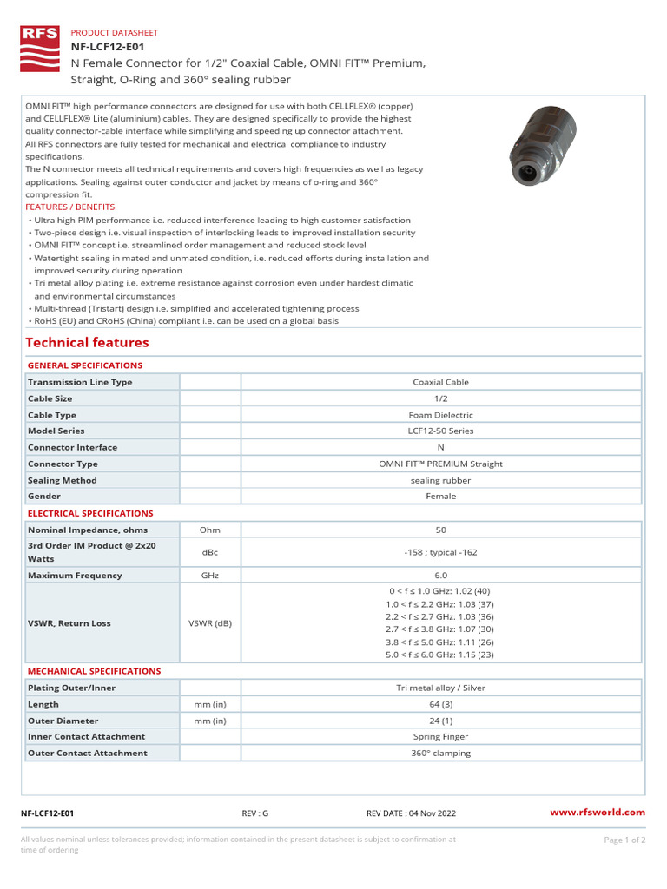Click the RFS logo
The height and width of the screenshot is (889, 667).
point(40,49)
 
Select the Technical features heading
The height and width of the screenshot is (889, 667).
point(88,343)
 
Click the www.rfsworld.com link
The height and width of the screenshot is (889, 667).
point(598,813)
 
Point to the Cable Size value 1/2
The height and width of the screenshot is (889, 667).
point(440,398)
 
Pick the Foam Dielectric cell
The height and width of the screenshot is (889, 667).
point(440,415)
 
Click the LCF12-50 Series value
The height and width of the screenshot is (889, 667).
point(440,431)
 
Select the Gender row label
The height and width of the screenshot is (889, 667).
point(44,497)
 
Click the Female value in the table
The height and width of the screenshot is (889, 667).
point(440,497)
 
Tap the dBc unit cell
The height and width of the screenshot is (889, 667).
point(209,552)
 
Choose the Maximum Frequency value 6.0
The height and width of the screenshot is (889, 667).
point(440,576)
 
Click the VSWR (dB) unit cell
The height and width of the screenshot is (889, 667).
point(209,622)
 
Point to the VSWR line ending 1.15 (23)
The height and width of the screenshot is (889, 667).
point(440,655)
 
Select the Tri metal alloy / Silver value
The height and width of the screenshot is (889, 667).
point(440,688)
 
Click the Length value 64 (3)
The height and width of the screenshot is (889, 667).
point(440,704)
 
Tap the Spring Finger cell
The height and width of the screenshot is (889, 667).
point(440,737)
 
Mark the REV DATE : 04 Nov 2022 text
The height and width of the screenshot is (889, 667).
point(412,813)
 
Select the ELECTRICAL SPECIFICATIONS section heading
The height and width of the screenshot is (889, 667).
point(90,514)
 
